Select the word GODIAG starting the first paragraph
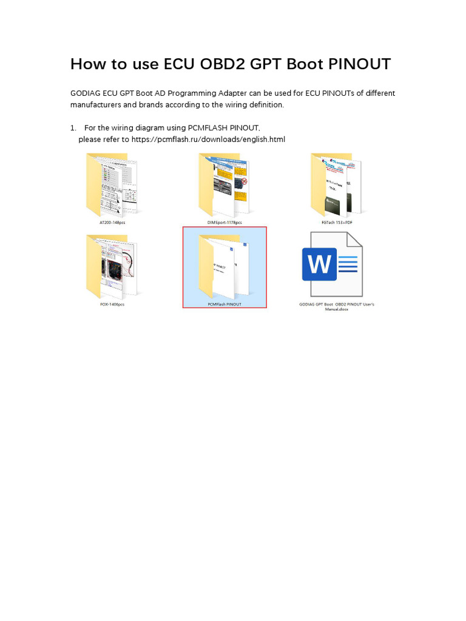[85, 93]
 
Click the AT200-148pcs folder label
[112, 223]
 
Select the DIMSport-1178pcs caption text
[225, 223]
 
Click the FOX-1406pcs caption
[112, 304]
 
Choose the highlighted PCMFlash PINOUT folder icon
[225, 266]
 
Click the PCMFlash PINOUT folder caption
[225, 304]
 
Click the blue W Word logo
[319, 264]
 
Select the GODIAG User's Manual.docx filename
[337, 307]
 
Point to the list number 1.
[73, 127]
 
